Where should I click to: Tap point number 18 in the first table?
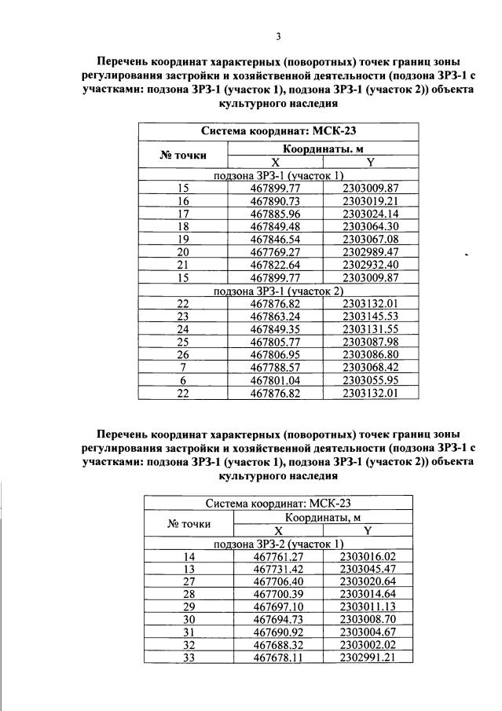184,225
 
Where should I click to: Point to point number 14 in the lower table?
189,556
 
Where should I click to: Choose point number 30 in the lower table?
189,620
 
